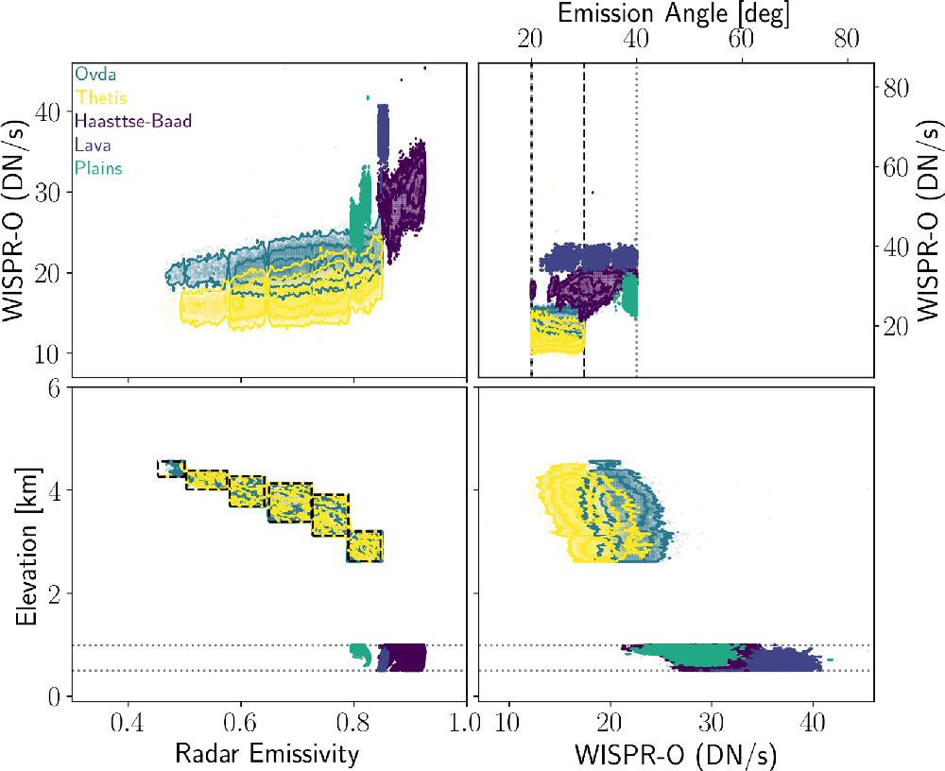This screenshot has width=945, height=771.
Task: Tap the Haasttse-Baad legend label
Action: coord(128,121)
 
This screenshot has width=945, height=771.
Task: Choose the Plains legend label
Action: coord(97,168)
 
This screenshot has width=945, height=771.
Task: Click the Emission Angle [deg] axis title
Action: coord(674,13)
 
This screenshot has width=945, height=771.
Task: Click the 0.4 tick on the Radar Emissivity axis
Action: coord(129,723)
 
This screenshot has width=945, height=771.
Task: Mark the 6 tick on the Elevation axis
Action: coord(54,387)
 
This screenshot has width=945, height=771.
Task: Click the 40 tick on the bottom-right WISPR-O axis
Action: coord(811,723)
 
